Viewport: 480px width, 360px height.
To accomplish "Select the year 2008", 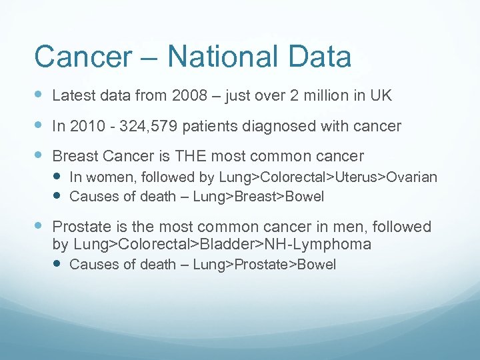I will tap(190, 96).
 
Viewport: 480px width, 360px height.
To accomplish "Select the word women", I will tap(107, 177).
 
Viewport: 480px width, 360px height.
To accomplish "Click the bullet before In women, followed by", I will tap(58, 177).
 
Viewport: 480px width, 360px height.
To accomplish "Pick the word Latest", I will tap(72, 96).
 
